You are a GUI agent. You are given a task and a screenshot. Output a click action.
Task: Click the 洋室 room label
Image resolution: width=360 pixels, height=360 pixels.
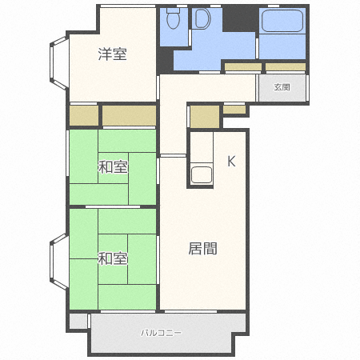coord(112,54)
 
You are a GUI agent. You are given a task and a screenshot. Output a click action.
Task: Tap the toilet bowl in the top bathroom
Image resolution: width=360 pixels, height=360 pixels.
coord(173,18)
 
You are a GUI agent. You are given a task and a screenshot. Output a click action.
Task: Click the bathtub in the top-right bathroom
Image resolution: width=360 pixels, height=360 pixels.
coord(282,21)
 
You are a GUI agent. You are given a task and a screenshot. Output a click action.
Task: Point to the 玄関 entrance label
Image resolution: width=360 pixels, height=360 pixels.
coord(282,87)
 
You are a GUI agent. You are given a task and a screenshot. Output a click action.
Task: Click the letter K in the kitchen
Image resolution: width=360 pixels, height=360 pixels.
coord(231,161)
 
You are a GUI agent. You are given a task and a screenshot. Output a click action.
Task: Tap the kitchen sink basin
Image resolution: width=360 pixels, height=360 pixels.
coord(202,174)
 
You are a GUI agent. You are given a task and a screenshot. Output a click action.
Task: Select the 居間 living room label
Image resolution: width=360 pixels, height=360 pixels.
coord(202,249)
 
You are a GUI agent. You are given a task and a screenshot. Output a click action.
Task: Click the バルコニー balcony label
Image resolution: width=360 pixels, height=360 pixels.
coord(162,333)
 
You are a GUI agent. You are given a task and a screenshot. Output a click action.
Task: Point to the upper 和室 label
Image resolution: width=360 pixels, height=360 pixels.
coord(113,167)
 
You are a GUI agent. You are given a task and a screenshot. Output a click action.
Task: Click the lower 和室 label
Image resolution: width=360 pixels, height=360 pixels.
coord(112,258)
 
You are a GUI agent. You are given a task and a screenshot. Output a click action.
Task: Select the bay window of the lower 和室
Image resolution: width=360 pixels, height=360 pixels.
coord(58,262)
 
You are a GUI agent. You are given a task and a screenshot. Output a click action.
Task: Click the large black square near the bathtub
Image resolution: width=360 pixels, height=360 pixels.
coord(239,18)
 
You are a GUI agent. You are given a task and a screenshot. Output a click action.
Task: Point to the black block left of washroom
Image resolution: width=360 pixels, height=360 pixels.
coord(165,60)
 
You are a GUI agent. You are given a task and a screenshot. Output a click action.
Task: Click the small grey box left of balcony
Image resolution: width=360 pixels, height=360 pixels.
coord(78,322)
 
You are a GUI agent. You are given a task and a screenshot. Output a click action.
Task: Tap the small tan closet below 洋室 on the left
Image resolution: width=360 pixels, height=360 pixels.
coord(84,115)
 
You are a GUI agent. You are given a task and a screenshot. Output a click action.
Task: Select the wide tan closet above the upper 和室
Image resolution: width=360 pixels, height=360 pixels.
coord(129,115)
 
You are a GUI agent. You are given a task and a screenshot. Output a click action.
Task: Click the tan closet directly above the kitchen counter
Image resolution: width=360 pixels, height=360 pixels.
coord(205,117)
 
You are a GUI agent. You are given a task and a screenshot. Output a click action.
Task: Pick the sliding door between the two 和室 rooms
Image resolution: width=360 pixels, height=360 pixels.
coord(113,206)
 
